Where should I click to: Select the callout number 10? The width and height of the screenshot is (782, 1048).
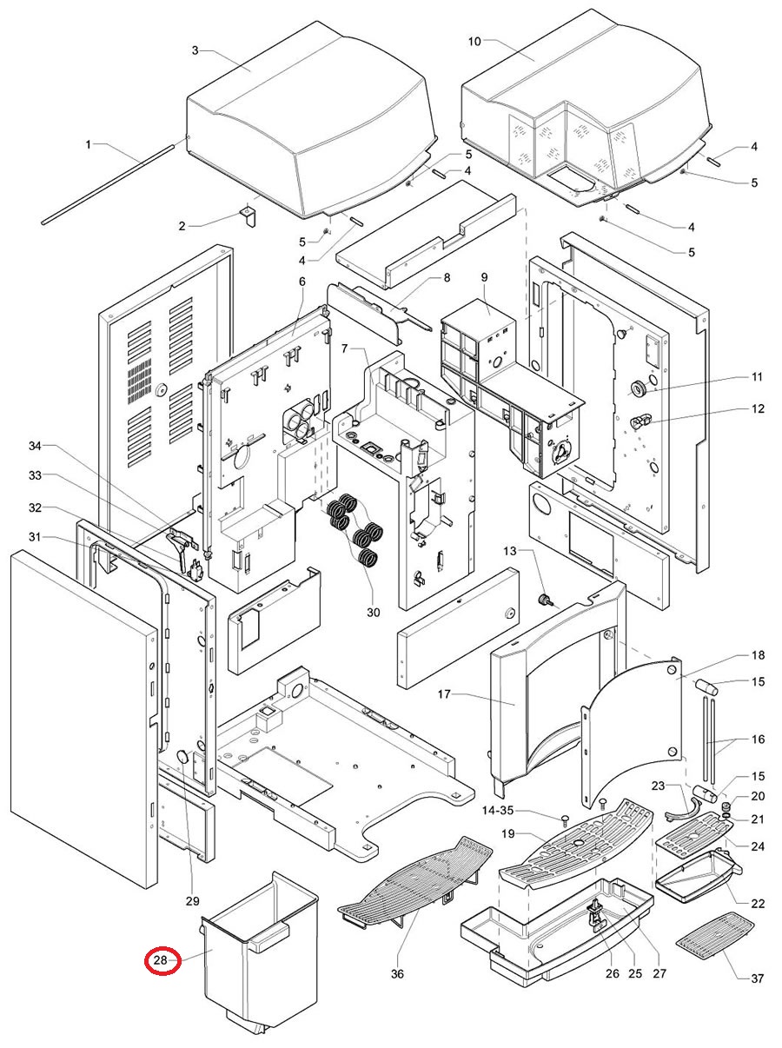(474, 42)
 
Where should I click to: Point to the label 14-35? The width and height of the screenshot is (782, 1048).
(498, 810)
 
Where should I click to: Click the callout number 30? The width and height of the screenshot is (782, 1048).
(374, 612)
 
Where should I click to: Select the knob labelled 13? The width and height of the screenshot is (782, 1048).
(545, 600)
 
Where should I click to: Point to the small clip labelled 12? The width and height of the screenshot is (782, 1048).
(640, 421)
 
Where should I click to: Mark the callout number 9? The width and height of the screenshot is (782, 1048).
(484, 277)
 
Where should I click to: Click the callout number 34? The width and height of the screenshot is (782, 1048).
(36, 446)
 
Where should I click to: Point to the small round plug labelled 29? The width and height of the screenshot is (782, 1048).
(183, 755)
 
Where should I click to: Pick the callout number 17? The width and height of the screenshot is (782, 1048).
(444, 693)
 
